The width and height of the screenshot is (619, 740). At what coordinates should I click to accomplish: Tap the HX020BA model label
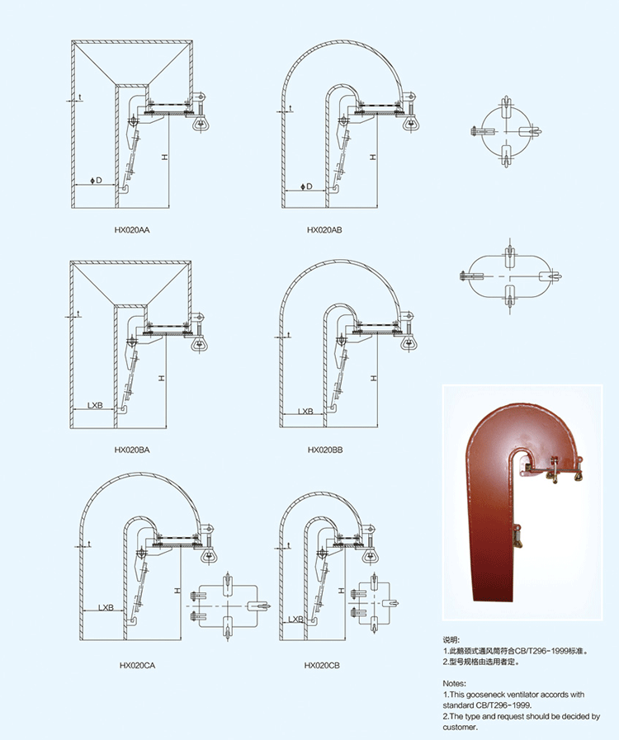(132, 450)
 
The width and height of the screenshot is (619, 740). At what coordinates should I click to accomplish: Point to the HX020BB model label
(324, 450)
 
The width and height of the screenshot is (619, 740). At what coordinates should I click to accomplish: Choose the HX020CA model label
(138, 665)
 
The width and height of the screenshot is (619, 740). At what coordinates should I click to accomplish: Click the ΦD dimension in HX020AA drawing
(97, 179)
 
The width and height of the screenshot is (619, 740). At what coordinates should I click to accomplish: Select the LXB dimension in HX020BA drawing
(95, 406)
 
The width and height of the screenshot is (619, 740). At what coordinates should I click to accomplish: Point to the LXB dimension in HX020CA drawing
(106, 607)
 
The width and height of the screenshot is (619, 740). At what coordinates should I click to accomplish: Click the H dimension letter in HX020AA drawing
(165, 157)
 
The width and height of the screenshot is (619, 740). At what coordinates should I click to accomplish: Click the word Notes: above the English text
(454, 684)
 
